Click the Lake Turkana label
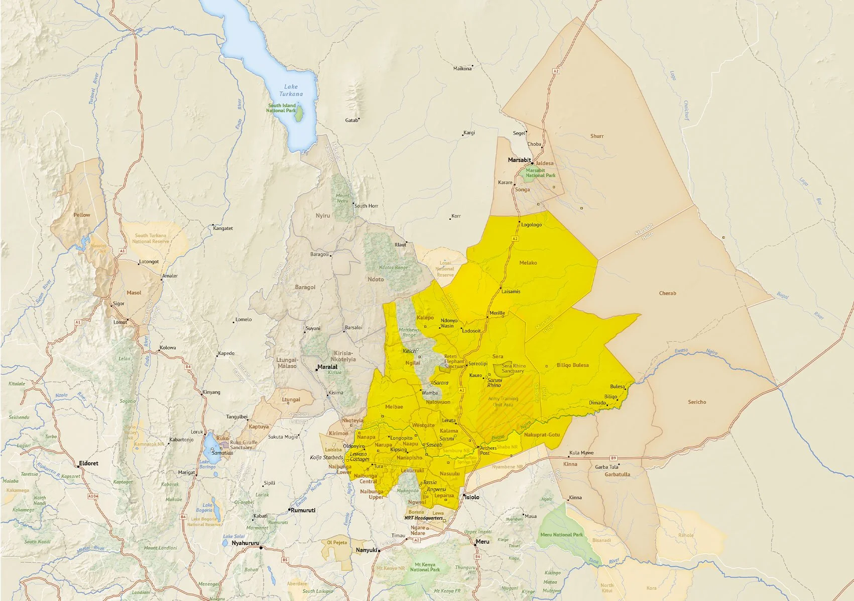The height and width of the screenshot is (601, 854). (x=291, y=90)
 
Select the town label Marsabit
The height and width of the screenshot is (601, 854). (x=519, y=160)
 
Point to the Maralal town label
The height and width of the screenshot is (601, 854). (x=327, y=367)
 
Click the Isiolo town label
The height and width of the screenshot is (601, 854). (x=472, y=497)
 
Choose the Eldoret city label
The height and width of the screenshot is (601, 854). (x=89, y=463)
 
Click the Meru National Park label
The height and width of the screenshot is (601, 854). (x=561, y=535)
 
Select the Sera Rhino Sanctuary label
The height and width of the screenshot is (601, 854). (x=513, y=368)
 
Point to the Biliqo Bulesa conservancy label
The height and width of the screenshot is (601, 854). (x=572, y=365)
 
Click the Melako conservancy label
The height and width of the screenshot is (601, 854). (x=528, y=263)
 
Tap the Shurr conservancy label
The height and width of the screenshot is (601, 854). (x=597, y=136)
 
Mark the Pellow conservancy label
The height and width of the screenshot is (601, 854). (x=82, y=215)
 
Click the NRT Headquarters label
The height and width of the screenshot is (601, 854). (x=423, y=518)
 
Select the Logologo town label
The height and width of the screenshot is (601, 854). (x=531, y=225)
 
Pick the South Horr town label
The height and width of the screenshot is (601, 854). (x=366, y=206)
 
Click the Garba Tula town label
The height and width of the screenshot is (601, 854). (x=606, y=467)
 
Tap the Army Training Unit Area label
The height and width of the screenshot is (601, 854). (x=503, y=402)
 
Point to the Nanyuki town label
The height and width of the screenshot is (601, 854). (x=366, y=550)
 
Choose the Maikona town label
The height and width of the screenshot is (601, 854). (x=462, y=69)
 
